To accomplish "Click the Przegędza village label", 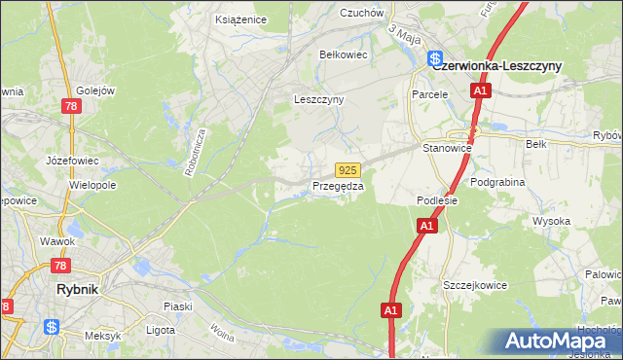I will pos(338,186).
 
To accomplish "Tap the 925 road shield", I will pos(350,169).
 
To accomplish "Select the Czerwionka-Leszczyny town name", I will pos(496,64).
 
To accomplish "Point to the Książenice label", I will pos(239,19).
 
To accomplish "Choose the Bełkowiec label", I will pos(344,54).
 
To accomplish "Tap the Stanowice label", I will pos(447,148).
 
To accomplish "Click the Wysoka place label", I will pos(551,221).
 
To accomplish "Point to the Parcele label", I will pos(428,94).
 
